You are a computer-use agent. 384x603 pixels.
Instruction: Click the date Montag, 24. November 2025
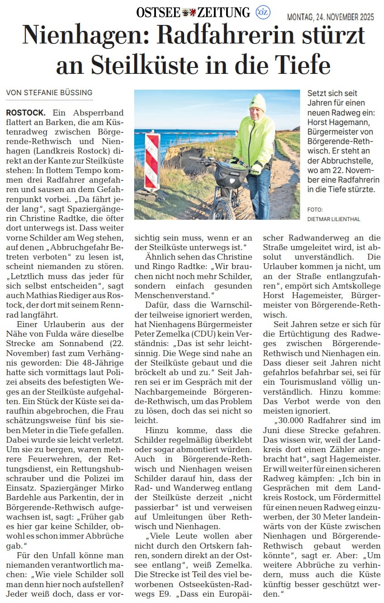tap(331, 17)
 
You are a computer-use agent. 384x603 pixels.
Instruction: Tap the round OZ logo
tap(263, 12)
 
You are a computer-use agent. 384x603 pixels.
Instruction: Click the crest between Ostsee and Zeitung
tap(189, 13)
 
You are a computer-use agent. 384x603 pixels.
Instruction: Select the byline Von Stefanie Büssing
tap(49, 92)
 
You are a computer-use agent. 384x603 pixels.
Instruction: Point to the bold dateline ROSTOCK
tap(26, 112)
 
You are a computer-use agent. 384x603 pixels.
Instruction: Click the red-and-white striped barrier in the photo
tap(152, 161)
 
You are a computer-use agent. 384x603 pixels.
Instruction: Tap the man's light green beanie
tap(258, 102)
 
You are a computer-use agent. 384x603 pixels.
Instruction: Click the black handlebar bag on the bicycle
tap(231, 174)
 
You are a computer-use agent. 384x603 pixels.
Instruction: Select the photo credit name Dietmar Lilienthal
tap(334, 219)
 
